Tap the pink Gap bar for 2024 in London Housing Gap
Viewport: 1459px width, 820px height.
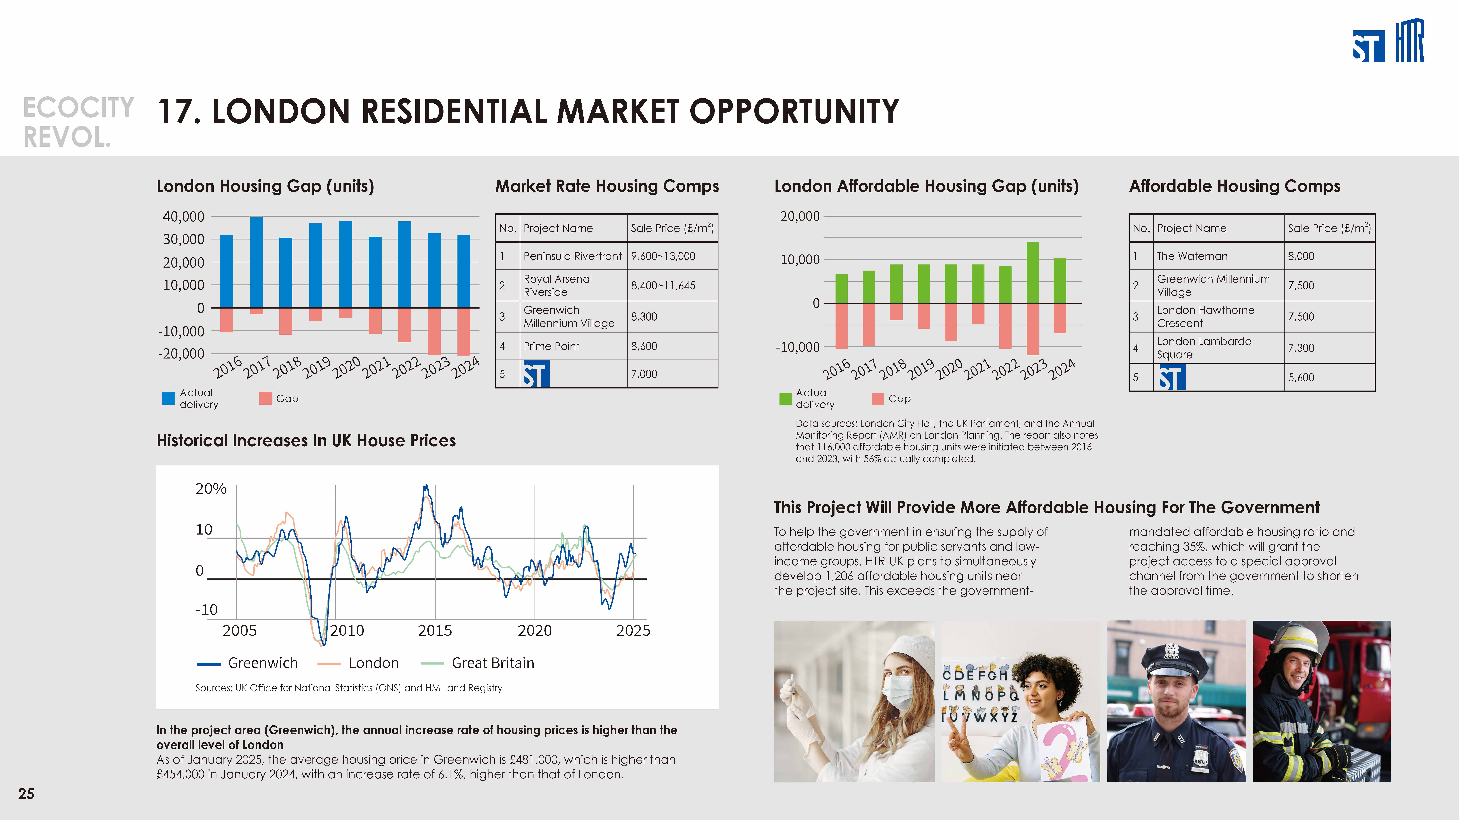coord(464,332)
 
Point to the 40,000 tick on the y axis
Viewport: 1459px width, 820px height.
coord(184,217)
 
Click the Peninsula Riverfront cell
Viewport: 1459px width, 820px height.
coord(573,256)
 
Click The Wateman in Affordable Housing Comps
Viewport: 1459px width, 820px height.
coord(1192,256)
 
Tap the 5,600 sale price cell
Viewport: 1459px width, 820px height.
coord(1301,377)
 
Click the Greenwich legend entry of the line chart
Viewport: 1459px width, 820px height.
coord(247,663)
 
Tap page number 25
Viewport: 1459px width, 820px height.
coord(26,794)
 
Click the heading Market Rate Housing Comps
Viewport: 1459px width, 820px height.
coord(607,186)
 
